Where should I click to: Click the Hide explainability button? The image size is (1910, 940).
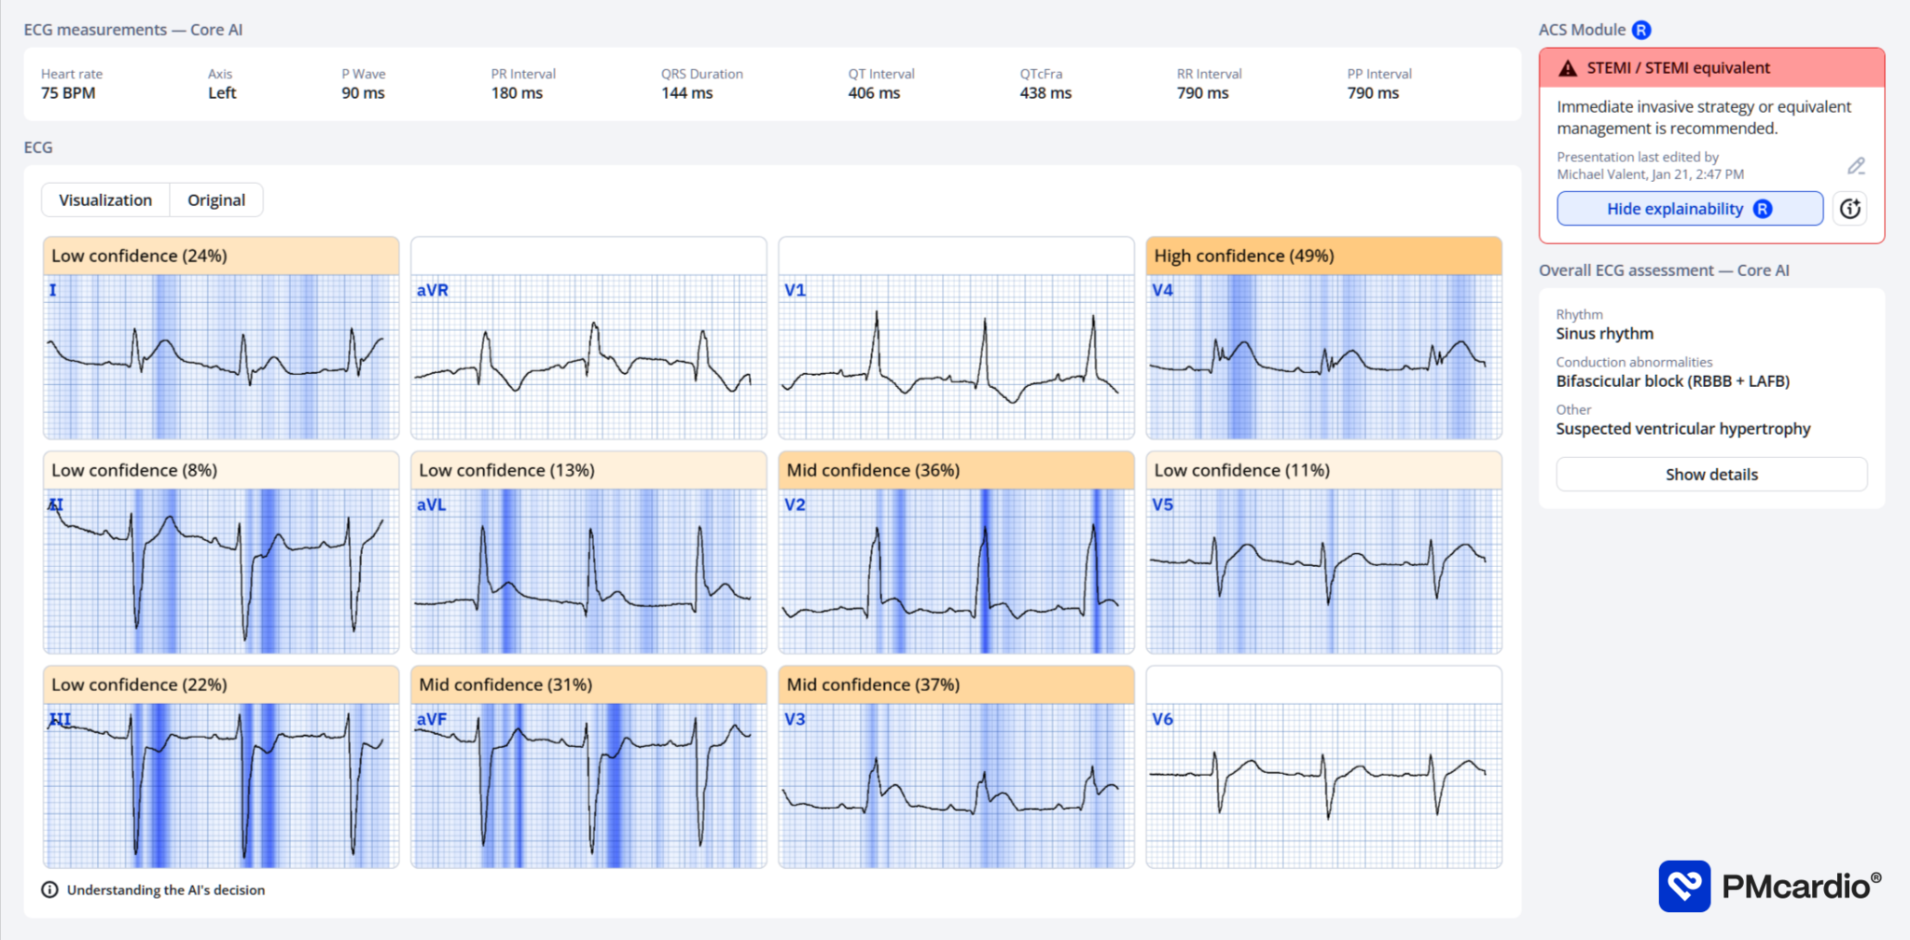(x=1689, y=209)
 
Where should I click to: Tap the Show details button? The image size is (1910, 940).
(x=1711, y=475)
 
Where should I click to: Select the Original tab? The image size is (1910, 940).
(x=216, y=200)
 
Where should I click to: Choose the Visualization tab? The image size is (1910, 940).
(x=105, y=200)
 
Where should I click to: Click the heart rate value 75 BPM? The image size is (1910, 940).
(x=68, y=93)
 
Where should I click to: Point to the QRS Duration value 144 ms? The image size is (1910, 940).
(x=687, y=93)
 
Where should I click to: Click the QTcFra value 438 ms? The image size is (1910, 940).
(x=1045, y=93)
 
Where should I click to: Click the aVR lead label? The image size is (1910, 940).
(x=433, y=290)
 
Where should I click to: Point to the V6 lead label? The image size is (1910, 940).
(x=1162, y=719)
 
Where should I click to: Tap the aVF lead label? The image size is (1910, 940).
(x=432, y=719)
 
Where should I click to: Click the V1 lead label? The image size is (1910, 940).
(x=795, y=290)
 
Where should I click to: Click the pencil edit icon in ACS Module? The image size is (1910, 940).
(x=1856, y=166)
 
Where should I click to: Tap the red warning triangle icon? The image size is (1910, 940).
(x=1568, y=68)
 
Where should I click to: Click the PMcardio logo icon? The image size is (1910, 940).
(x=1684, y=886)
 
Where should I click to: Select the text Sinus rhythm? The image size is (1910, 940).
(x=1604, y=334)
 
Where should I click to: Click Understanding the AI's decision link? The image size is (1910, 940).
(x=165, y=890)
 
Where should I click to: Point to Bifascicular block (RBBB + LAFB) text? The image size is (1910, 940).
(x=1672, y=381)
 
